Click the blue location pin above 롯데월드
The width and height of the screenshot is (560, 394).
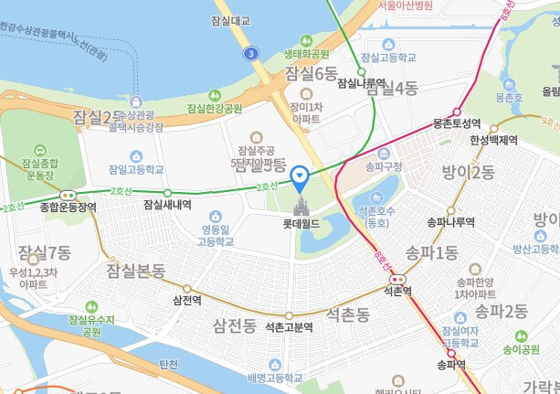point(298,176)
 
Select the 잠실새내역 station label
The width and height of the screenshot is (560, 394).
point(167,205)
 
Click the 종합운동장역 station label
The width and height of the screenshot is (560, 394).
point(68,207)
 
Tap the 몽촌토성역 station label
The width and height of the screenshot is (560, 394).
point(456,122)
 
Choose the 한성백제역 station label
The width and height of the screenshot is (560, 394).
point(493,141)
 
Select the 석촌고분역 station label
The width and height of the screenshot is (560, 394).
point(290,326)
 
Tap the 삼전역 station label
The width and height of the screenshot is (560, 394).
point(186,300)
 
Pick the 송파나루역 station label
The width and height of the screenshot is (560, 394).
point(451,222)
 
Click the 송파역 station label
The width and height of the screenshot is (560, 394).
point(451,364)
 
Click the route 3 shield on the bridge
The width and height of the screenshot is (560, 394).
point(250,54)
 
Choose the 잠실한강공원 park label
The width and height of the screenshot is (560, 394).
point(215,108)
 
